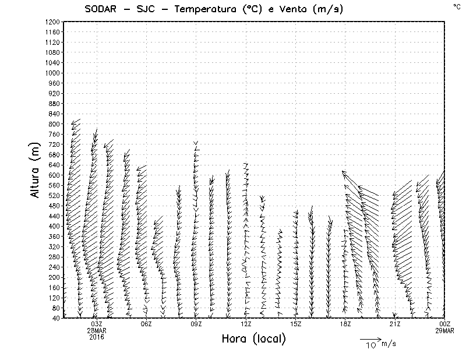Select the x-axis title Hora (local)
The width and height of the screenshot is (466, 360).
[x=253, y=339]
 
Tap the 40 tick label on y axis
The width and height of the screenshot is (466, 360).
[x=55, y=318]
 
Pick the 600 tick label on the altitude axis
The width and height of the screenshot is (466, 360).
[x=54, y=175]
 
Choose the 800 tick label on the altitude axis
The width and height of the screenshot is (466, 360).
[x=54, y=123]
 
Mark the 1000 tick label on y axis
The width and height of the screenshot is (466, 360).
[x=52, y=73]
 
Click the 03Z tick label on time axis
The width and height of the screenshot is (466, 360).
[x=97, y=324]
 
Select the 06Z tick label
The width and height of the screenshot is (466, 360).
[x=146, y=324]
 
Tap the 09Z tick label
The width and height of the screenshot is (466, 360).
[x=196, y=324]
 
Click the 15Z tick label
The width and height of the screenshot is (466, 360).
[x=296, y=324]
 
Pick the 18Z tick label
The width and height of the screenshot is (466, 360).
[x=345, y=324]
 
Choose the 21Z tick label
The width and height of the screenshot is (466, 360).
[x=396, y=324]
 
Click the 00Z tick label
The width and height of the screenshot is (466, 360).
[x=445, y=324]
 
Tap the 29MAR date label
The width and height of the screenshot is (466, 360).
[x=445, y=330]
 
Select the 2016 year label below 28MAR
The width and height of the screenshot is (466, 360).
[x=97, y=337]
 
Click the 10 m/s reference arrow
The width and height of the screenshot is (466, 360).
[x=370, y=338]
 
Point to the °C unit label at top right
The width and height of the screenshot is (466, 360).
[x=456, y=6]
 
